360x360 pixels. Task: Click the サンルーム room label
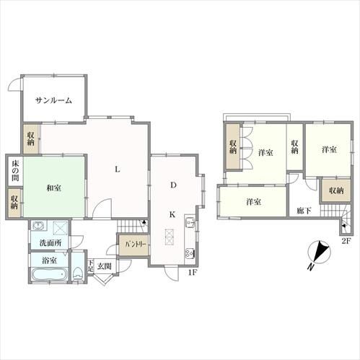pyautogui.click(x=53, y=100)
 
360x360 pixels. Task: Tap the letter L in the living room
pyautogui.click(x=118, y=170)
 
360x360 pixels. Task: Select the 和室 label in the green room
pyautogui.click(x=53, y=188)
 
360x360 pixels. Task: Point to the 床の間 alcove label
pyautogui.click(x=15, y=171)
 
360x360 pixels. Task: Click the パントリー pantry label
pyautogui.click(x=136, y=245)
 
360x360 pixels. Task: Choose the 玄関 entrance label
pyautogui.click(x=105, y=266)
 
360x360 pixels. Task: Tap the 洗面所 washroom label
pyautogui.click(x=51, y=243)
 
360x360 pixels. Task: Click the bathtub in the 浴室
pyautogui.click(x=49, y=274)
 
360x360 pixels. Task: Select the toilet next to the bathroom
pyautogui.click(x=77, y=273)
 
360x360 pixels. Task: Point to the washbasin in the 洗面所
pyautogui.click(x=38, y=226)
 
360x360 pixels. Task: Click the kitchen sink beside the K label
pyautogui.click(x=190, y=222)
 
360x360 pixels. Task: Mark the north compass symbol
pyautogui.click(x=319, y=253)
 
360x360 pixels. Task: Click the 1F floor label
pyautogui.click(x=192, y=273)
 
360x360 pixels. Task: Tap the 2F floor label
pyautogui.click(x=346, y=240)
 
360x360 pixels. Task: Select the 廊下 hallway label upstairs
pyautogui.click(x=304, y=211)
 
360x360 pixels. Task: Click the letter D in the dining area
pyautogui.click(x=173, y=185)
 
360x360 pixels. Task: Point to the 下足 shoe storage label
pyautogui.click(x=90, y=265)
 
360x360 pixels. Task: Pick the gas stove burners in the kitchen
pyautogui.click(x=190, y=253)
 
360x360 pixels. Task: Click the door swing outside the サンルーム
pyautogui.click(x=14, y=85)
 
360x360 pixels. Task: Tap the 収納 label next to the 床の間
pyautogui.click(x=14, y=203)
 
